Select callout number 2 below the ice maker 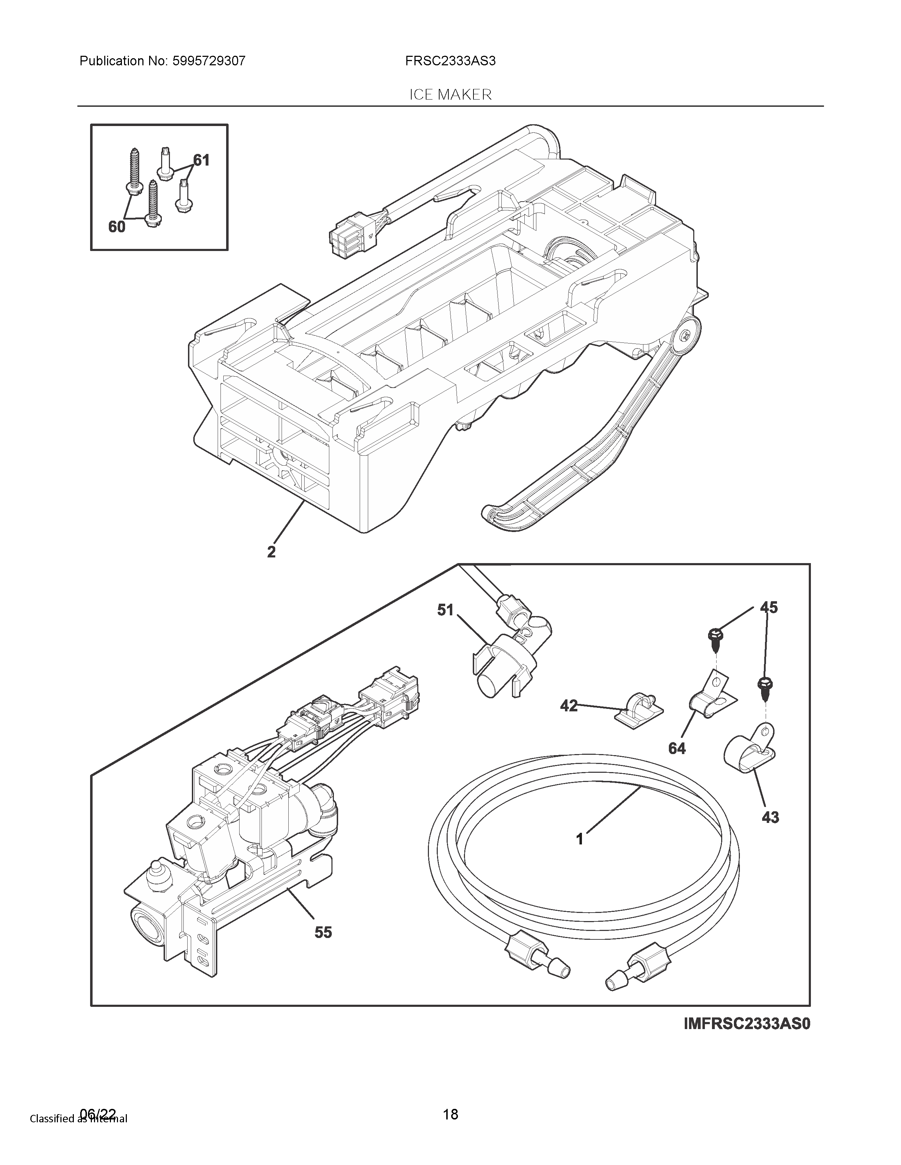pyautogui.click(x=272, y=551)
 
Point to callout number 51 pyautogui.click(x=445, y=610)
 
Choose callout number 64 pyautogui.click(x=677, y=748)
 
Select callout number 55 pyautogui.click(x=323, y=932)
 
